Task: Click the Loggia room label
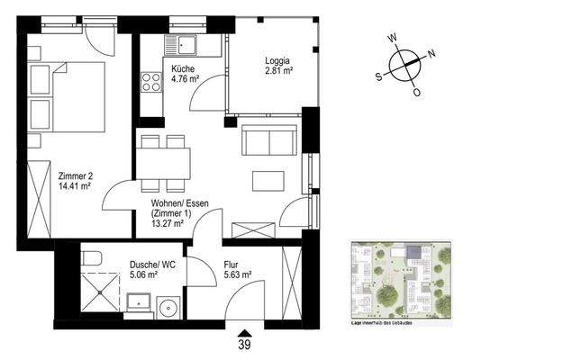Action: pyautogui.click(x=277, y=61)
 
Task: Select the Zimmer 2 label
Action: pyautogui.click(x=75, y=176)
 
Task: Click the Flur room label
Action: pyautogui.click(x=232, y=265)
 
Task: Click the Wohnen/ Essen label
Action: pyautogui.click(x=180, y=204)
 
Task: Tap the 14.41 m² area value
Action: pyautogui.click(x=76, y=187)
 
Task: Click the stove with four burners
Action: pyautogui.click(x=149, y=84)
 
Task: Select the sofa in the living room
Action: pyautogui.click(x=268, y=140)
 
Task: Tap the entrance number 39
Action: pyautogui.click(x=244, y=344)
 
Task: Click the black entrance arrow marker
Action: pyautogui.click(x=243, y=328)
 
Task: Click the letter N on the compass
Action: pyautogui.click(x=431, y=53)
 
